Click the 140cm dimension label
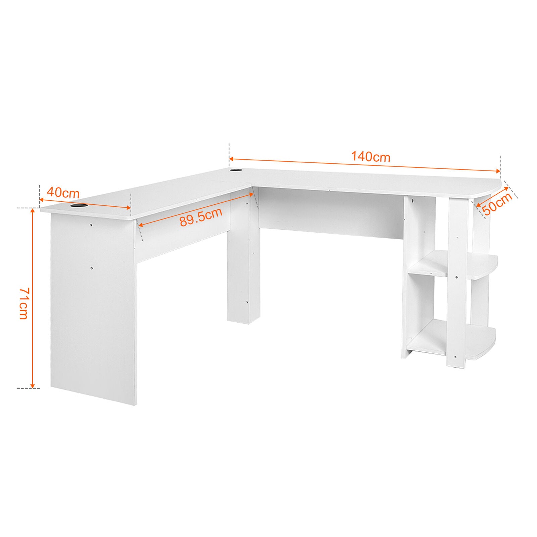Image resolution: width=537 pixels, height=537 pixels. pyautogui.click(x=371, y=157)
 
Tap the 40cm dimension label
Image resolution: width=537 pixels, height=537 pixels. pyautogui.click(x=63, y=193)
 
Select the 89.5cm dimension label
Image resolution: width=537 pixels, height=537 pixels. pyautogui.click(x=201, y=217)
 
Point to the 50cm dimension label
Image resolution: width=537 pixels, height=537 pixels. pyautogui.click(x=497, y=203)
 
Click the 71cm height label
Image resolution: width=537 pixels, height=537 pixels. pyautogui.click(x=23, y=303)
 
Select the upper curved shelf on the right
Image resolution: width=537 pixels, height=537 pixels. pyautogui.click(x=453, y=266)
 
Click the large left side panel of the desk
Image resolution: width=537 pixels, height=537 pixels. pyautogui.click(x=93, y=308)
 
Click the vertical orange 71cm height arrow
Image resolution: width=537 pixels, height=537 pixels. pyautogui.click(x=33, y=298)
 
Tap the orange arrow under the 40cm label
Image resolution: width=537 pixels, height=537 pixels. pyautogui.click(x=85, y=204)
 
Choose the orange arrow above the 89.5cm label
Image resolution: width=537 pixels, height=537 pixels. pyautogui.click(x=196, y=209)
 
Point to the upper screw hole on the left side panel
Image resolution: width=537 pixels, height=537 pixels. pyautogui.click(x=91, y=225)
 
